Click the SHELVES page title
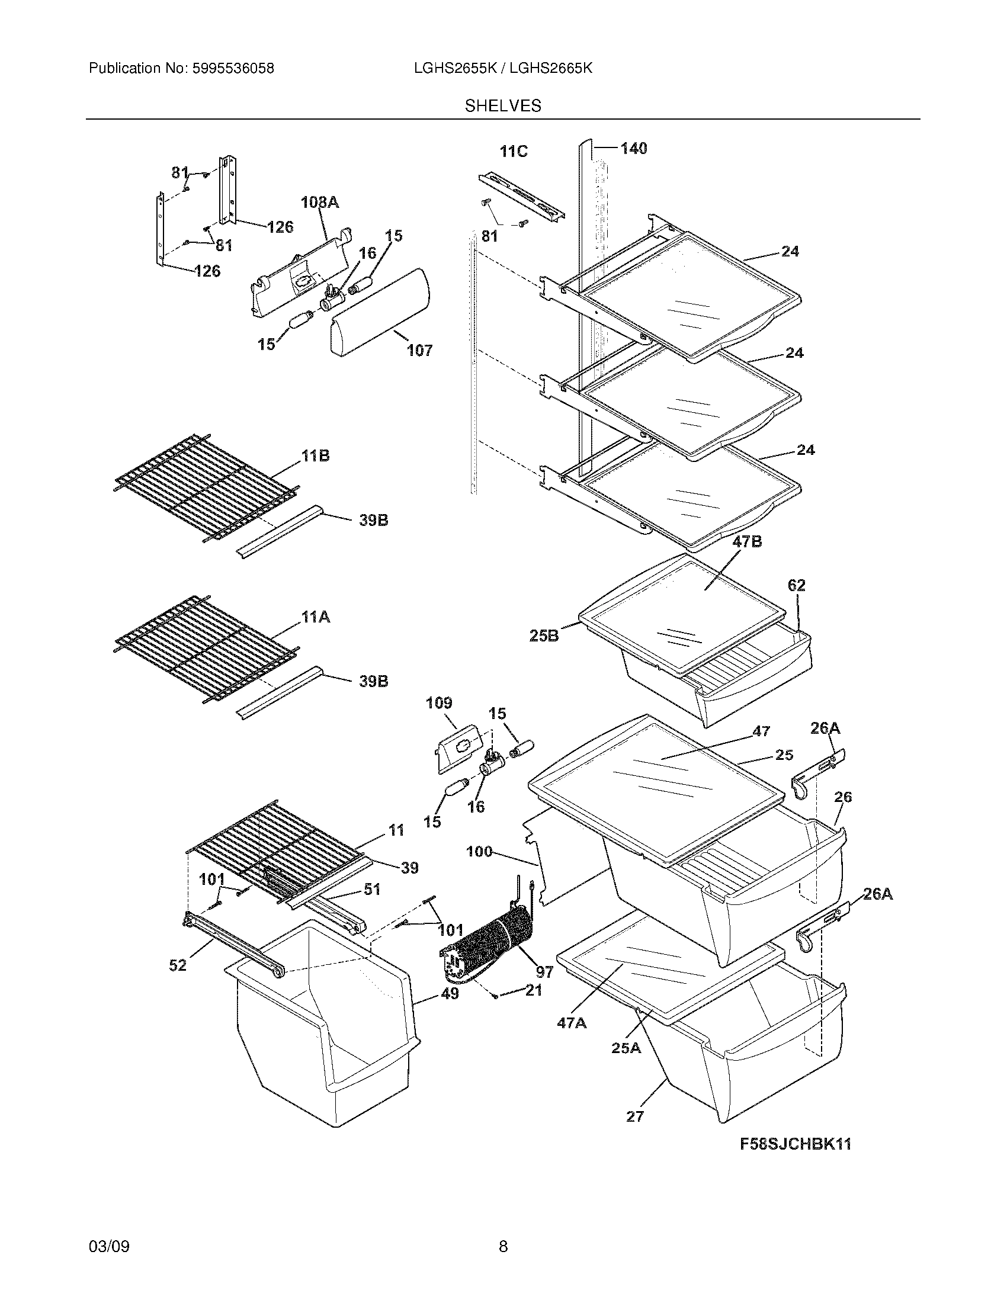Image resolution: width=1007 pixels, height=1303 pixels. point(503,106)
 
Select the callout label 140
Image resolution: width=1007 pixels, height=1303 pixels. point(634,148)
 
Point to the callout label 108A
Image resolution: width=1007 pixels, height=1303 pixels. point(320,203)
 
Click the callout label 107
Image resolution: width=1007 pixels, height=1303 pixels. point(419,350)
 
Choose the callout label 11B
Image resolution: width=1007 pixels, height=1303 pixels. point(315,457)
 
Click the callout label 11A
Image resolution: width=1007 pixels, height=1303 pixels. point(316,618)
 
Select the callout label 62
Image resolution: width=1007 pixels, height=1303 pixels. point(796,585)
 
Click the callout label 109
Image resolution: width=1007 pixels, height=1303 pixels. point(439,704)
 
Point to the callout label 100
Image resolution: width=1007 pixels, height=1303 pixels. point(479,851)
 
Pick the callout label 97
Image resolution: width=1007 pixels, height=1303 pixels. point(544,972)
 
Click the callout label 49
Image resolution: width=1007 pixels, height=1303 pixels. point(450,993)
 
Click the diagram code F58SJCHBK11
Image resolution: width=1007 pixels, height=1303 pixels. point(795,1144)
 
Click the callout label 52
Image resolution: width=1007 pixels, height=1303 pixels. point(178,965)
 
